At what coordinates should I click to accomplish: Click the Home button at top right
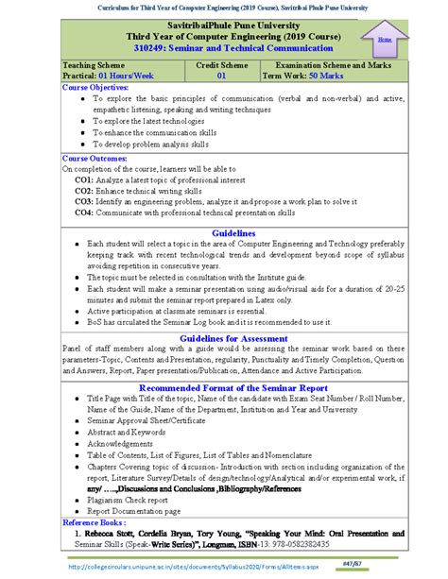point(385,41)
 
